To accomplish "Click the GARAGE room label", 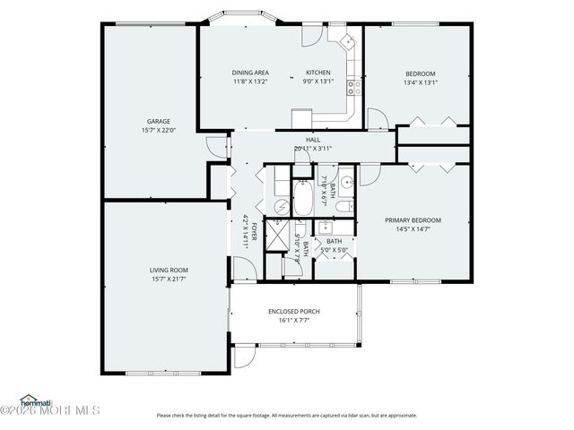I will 159,122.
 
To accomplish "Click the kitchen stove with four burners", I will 353,88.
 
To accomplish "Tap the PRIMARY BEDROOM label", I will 413,219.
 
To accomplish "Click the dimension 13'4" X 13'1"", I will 420,82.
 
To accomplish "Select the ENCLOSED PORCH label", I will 293,312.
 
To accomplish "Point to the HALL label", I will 312,140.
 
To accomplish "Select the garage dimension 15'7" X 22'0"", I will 159,132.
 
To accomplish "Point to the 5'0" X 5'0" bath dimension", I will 334,250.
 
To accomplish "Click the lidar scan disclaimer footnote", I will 287,416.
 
